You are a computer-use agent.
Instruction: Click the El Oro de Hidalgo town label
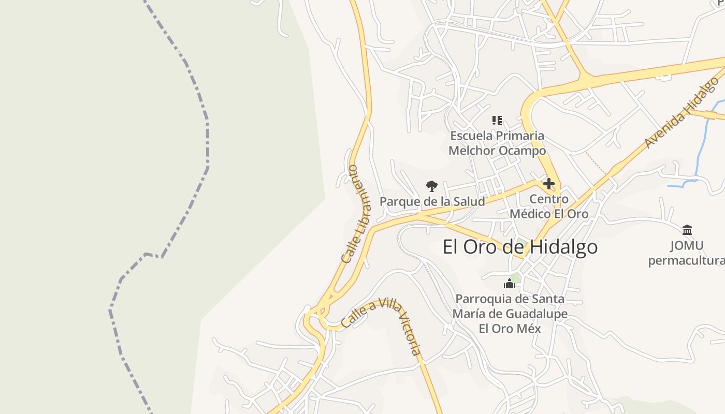pos(520,247)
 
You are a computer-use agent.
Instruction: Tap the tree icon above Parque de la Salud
pos(431,186)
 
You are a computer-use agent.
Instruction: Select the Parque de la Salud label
pos(432,201)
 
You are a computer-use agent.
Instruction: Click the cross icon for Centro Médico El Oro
pos(549,184)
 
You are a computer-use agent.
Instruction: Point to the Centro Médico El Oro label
pos(549,206)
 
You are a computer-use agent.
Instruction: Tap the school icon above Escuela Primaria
pos(497,121)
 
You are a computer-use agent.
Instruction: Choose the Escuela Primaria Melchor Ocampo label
pos(497,143)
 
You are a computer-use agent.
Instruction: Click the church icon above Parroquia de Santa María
pos(510,284)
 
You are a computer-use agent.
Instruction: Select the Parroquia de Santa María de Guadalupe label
pos(510,314)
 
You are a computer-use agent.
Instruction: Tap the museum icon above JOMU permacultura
pos(687,230)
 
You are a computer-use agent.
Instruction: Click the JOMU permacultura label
pos(686,253)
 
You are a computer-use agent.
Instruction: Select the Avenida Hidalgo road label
pos(682,113)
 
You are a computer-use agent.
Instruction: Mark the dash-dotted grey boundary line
pos(207,140)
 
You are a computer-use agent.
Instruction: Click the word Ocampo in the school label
pos(519,151)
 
